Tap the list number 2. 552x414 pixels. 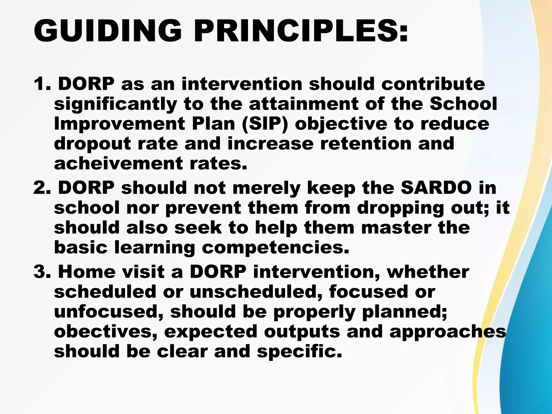click(x=42, y=188)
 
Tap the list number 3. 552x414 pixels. click(x=42, y=272)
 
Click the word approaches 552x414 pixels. click(x=448, y=332)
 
